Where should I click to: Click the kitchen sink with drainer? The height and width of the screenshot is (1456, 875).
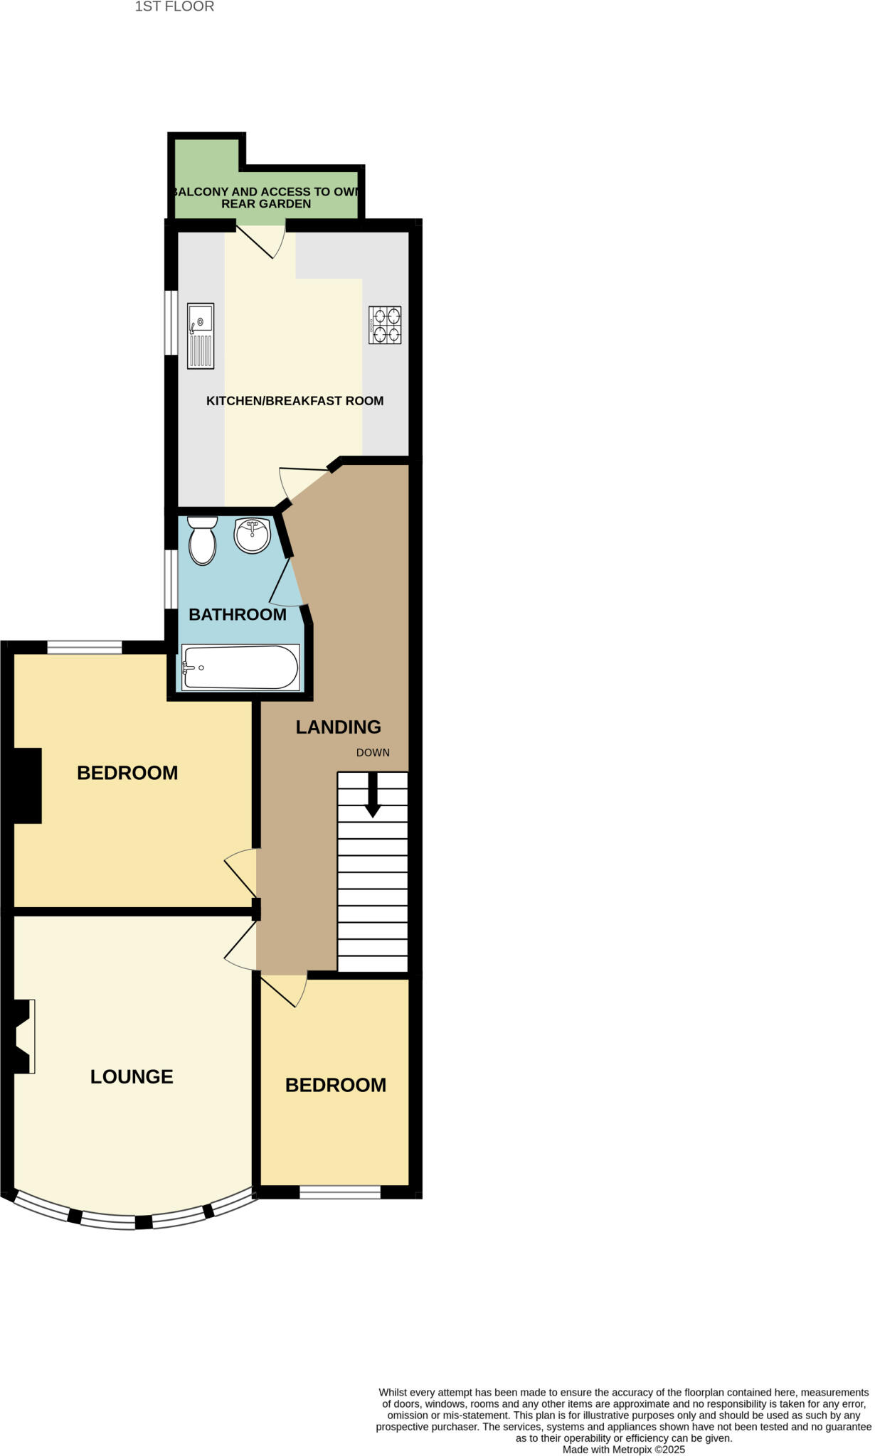[x=201, y=336]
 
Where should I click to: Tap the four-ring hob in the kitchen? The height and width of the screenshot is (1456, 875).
[x=385, y=325]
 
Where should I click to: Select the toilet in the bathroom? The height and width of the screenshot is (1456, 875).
[x=203, y=541]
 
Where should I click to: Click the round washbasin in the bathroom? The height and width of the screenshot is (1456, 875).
[x=252, y=535]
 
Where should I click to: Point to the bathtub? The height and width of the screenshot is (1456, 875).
[x=240, y=667]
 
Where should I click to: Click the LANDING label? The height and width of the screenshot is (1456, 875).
[x=339, y=727]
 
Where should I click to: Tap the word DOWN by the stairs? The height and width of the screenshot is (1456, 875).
[x=373, y=752]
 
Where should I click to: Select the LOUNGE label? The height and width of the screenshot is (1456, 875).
[x=132, y=1076]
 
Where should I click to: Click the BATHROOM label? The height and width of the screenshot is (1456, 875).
[x=238, y=614]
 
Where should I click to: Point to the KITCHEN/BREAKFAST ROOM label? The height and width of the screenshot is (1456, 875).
[x=295, y=401]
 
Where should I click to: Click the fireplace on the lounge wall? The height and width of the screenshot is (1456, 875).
[x=23, y=1036]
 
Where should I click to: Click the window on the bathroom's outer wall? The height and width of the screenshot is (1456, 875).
[x=171, y=579]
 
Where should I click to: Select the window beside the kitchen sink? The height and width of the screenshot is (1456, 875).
[x=171, y=321]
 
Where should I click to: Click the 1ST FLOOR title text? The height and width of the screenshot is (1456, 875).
[x=174, y=6]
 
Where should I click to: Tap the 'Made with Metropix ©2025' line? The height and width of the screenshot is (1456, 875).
[x=623, y=1449]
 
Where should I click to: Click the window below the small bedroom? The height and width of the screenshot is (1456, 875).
[x=340, y=1192]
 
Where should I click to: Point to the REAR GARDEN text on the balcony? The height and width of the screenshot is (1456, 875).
[x=266, y=204]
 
